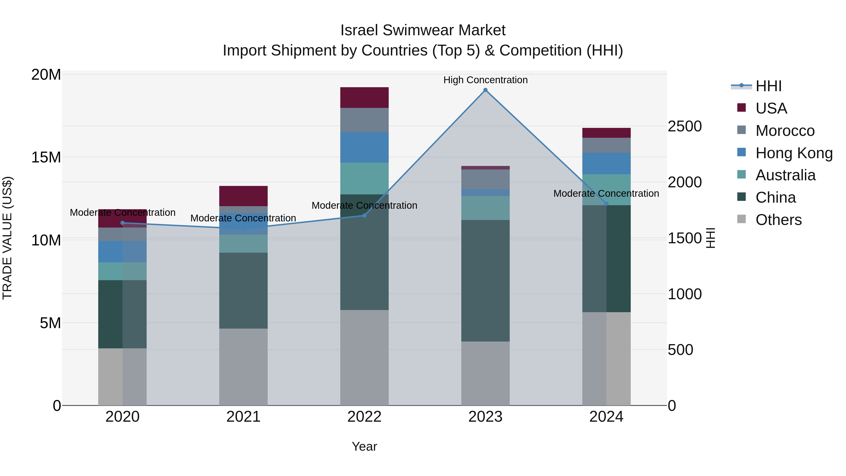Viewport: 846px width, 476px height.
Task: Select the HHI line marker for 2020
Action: tap(122, 223)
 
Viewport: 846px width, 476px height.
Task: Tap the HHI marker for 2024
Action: tap(606, 204)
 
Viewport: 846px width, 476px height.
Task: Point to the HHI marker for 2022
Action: tap(364, 216)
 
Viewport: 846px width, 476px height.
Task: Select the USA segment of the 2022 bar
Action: tap(364, 98)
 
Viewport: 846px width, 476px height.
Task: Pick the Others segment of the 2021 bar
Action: tap(243, 367)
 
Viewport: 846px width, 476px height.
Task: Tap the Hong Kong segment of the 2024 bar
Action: tap(606, 163)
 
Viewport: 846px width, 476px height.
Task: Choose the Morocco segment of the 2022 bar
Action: tap(364, 120)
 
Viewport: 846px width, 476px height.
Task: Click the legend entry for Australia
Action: tap(785, 175)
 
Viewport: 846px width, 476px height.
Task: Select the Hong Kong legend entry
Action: tap(793, 153)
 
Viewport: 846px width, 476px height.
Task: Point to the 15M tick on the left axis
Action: tap(46, 157)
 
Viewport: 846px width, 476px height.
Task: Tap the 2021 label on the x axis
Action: tap(243, 417)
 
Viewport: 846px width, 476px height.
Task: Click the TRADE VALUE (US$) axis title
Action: tap(7, 238)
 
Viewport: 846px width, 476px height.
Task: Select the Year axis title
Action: tap(364, 446)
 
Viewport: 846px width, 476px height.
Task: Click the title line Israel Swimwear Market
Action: tap(423, 30)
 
